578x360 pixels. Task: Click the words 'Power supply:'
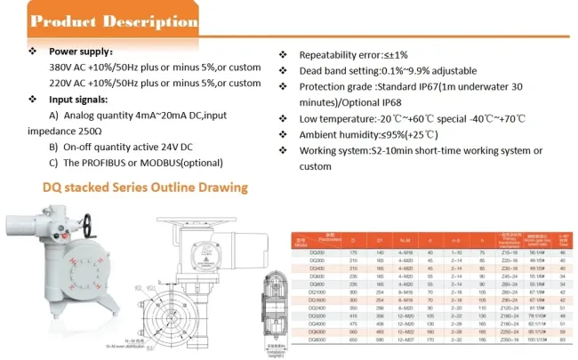pos(80,52)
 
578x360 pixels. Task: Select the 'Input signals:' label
pos(77,100)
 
